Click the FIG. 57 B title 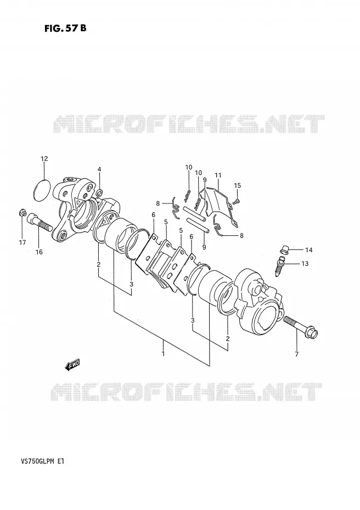(x=65, y=28)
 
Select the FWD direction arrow (x=72, y=365)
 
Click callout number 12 (x=44, y=158)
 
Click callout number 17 (x=22, y=242)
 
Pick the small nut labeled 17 (x=22, y=213)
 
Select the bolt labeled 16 (x=39, y=222)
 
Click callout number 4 (x=99, y=169)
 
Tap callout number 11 (x=218, y=175)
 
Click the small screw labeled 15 (x=237, y=202)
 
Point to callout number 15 (x=237, y=185)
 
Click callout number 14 (x=308, y=250)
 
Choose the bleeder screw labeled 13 (x=279, y=266)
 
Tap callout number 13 (x=305, y=263)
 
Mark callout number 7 (x=296, y=354)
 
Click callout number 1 (x=163, y=353)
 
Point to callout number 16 (x=39, y=252)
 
